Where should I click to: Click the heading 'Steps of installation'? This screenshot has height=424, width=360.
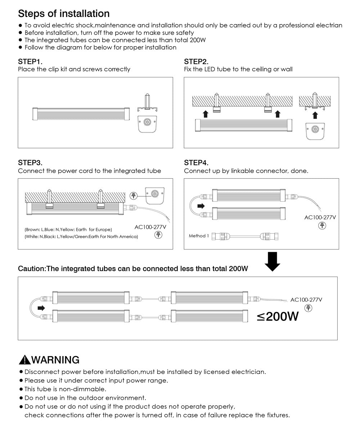(x=64, y=14)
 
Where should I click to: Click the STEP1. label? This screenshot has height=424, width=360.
(x=30, y=61)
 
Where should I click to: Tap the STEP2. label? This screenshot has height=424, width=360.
(x=196, y=61)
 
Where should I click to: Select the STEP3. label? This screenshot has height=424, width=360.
(x=30, y=163)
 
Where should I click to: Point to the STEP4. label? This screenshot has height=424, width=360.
(x=196, y=163)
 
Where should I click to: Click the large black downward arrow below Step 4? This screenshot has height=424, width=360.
(x=273, y=261)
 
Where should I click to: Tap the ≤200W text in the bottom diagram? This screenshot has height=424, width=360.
(x=278, y=316)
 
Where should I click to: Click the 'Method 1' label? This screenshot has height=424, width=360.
(x=199, y=236)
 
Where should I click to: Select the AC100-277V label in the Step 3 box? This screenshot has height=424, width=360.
(x=150, y=227)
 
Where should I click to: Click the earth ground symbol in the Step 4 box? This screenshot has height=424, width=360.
(x=322, y=225)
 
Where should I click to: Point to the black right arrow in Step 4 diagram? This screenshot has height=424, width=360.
(x=201, y=206)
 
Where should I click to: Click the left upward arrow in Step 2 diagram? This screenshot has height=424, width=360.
(x=206, y=114)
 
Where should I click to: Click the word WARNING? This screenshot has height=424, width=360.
(x=55, y=360)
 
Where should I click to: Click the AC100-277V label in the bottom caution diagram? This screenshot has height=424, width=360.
(x=306, y=300)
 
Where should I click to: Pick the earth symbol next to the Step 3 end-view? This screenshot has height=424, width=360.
(x=134, y=196)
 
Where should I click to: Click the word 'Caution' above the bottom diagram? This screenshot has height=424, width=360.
(x=32, y=269)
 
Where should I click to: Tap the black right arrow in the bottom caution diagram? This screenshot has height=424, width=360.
(x=41, y=308)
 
